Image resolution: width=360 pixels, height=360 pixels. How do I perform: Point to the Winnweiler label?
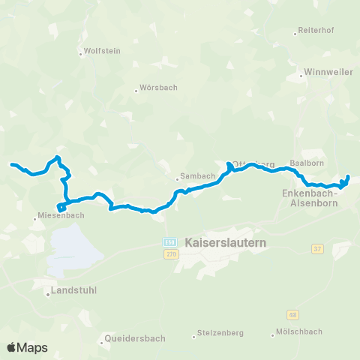pyautogui.click(x=324, y=73)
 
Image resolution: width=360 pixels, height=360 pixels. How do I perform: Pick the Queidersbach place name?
pyautogui.click(x=135, y=338)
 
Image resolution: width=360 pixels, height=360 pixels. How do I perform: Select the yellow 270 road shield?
pyautogui.click(x=170, y=255)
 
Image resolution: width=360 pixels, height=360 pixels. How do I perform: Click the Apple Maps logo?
pyautogui.click(x=27, y=347)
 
